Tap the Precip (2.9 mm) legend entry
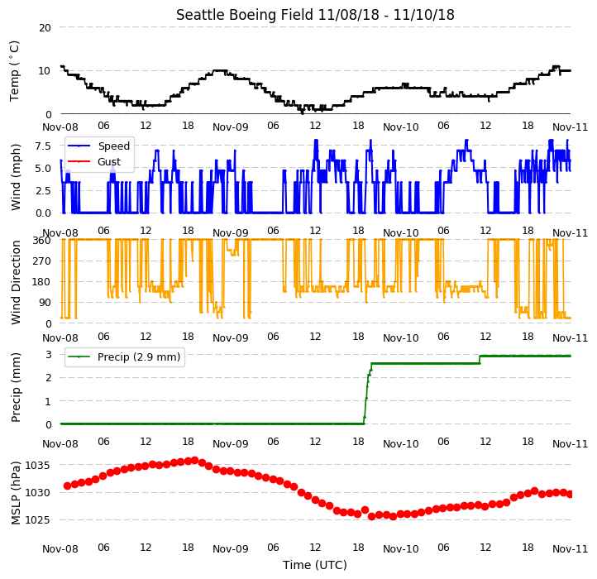click(x=124, y=357)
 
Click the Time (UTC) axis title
click(x=315, y=564)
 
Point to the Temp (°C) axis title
click(x=14, y=71)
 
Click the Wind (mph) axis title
click(x=15, y=177)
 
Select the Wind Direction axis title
click(x=15, y=282)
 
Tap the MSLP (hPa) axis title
click(x=15, y=493)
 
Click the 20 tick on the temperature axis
click(x=45, y=28)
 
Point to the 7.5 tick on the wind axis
click(x=43, y=146)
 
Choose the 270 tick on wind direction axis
click(x=42, y=261)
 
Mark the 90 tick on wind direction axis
click(x=45, y=303)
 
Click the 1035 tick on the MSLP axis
click(x=37, y=466)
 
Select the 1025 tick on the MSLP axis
click(x=37, y=520)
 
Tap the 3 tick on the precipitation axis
click(x=48, y=355)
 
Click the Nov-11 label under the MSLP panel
click(x=570, y=549)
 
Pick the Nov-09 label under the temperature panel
click(x=231, y=127)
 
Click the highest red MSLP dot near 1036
click(x=195, y=461)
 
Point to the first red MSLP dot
click(x=68, y=486)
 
